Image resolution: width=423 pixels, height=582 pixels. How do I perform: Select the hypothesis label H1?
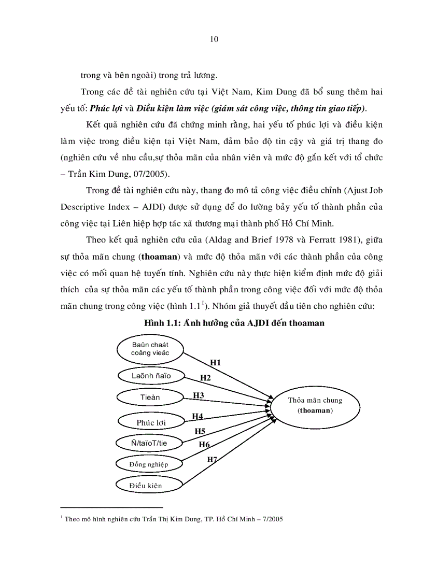pos(215,363)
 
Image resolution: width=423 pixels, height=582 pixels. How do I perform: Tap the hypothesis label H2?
pos(205,378)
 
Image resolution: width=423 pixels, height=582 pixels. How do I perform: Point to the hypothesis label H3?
pos(198,395)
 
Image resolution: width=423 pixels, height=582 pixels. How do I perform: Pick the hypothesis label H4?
pos(198,416)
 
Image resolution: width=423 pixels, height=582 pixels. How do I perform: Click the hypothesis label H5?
pos(200,431)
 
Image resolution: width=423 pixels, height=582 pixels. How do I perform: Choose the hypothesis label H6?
pos(204,444)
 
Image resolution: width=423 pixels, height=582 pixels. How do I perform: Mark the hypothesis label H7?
pos(213,459)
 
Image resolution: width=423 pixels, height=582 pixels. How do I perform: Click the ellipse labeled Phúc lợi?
pos(151,422)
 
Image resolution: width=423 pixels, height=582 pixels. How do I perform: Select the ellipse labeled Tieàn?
pos(150,398)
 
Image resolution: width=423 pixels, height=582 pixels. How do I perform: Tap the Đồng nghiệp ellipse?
pos(149,463)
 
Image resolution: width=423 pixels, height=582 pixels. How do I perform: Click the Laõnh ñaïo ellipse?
pos(151,375)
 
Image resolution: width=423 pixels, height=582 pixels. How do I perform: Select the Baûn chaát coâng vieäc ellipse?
pos(150,349)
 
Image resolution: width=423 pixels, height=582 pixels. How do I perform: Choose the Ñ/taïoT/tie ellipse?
pos(149,443)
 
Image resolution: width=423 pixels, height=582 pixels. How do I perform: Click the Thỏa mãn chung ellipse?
pos(315,405)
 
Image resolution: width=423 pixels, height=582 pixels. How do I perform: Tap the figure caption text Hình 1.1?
pos(234,323)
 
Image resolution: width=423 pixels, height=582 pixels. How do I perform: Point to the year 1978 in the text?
pos(280,242)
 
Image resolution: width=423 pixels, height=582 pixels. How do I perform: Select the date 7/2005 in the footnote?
pos(271,518)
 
